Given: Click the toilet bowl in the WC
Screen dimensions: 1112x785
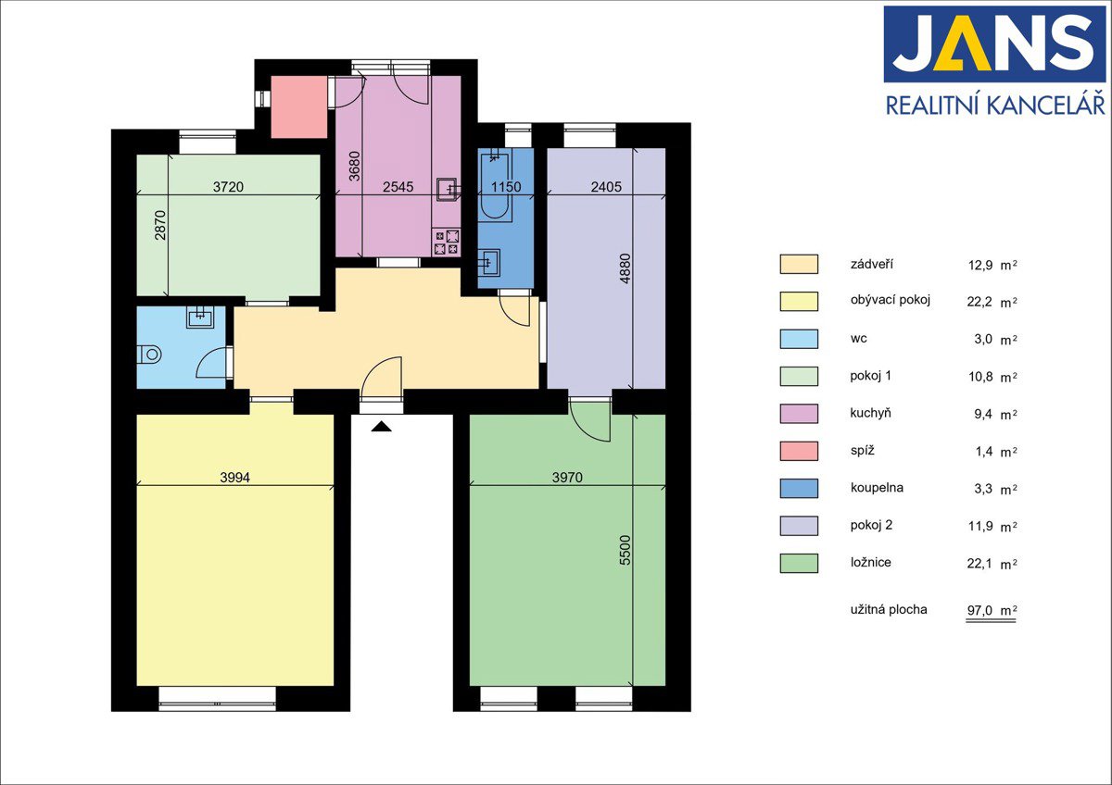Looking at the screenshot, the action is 150,354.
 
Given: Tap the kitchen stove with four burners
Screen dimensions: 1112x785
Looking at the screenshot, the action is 447,242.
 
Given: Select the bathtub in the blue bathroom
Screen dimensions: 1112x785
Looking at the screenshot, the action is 495,186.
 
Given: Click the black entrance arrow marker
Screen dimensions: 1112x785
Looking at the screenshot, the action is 381,426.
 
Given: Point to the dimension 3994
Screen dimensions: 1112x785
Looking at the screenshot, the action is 234,478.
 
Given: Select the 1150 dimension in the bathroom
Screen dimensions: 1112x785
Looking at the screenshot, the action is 506,187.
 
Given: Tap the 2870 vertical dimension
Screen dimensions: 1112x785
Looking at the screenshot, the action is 159,225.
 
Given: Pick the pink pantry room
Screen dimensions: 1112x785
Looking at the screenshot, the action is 298,107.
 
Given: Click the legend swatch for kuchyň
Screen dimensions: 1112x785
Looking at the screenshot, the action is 799,414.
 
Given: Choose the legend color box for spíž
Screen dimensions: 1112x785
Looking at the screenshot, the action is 799,451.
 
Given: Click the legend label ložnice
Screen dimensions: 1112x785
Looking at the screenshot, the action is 870,562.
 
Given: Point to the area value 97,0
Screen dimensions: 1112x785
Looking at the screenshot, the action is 979,610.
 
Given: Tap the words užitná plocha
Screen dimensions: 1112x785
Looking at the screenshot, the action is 889,609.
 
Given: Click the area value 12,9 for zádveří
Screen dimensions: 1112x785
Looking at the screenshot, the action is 980,265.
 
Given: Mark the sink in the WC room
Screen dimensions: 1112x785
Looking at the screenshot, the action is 200,318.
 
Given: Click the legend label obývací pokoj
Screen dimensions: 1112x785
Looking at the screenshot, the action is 891,300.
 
